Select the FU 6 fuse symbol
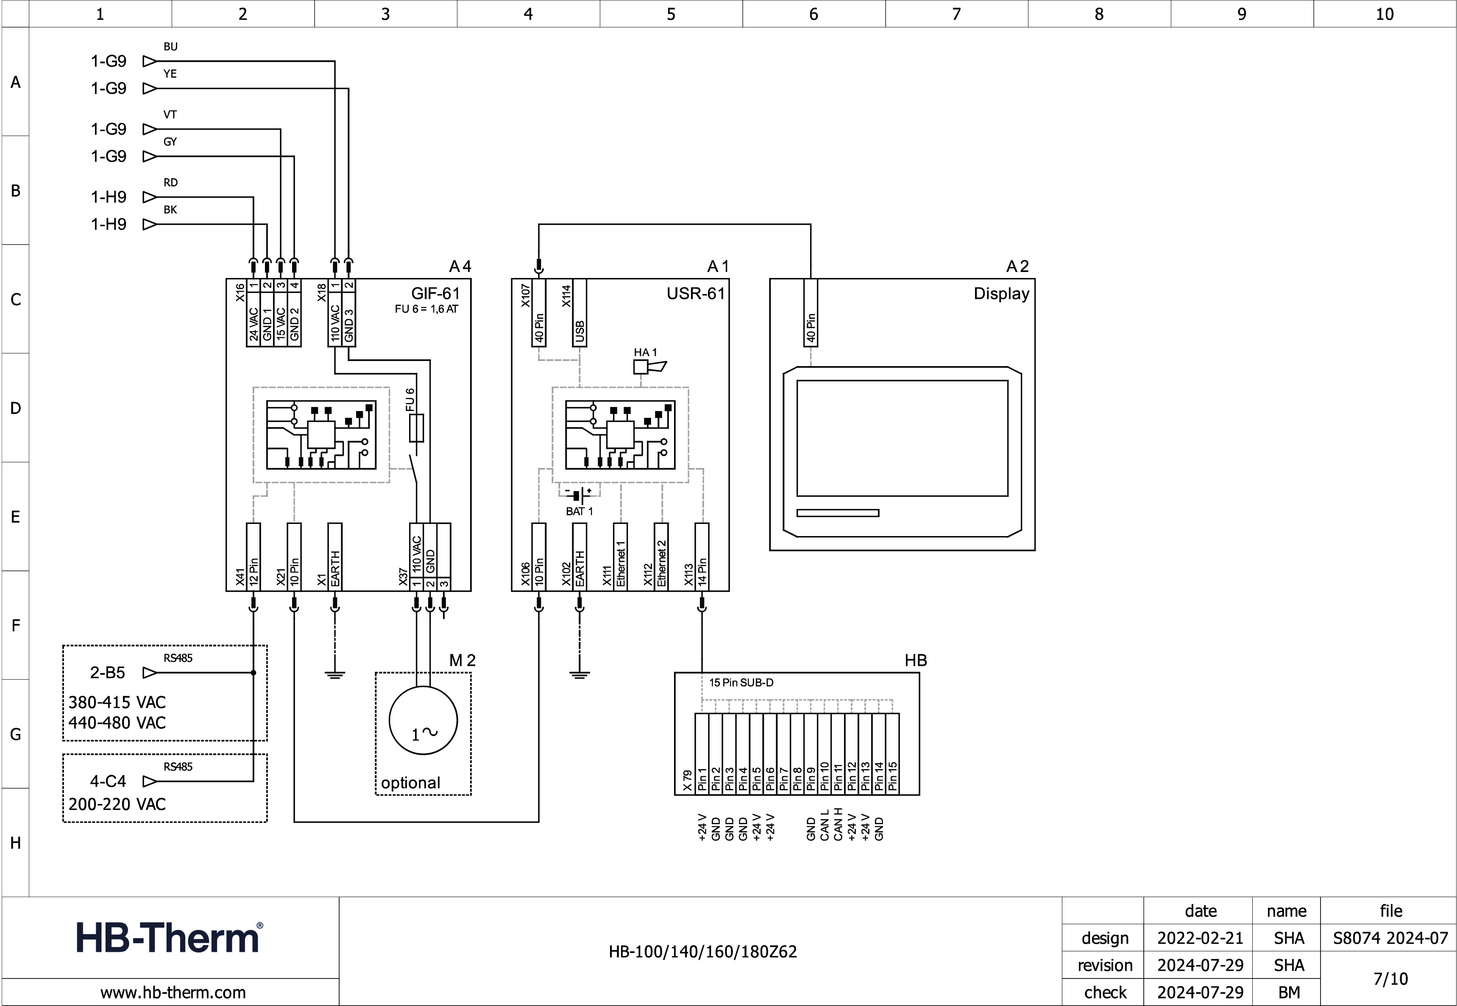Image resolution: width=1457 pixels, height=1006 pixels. click(416, 428)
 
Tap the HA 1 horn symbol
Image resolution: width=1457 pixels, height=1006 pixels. click(649, 366)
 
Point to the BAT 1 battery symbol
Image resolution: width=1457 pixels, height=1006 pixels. click(579, 495)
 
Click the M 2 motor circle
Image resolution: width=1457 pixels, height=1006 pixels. click(422, 720)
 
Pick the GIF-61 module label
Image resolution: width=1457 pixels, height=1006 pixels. click(435, 294)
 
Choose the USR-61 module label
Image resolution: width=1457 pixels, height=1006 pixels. click(695, 294)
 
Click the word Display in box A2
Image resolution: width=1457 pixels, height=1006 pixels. click(1001, 294)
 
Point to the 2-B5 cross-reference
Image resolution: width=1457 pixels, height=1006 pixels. click(108, 673)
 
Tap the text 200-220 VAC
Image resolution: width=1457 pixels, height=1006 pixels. click(117, 804)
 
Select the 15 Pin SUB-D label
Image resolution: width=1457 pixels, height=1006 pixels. click(741, 683)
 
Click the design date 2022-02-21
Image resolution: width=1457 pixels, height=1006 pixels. click(1200, 938)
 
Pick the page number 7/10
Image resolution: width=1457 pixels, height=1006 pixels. click(1390, 979)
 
